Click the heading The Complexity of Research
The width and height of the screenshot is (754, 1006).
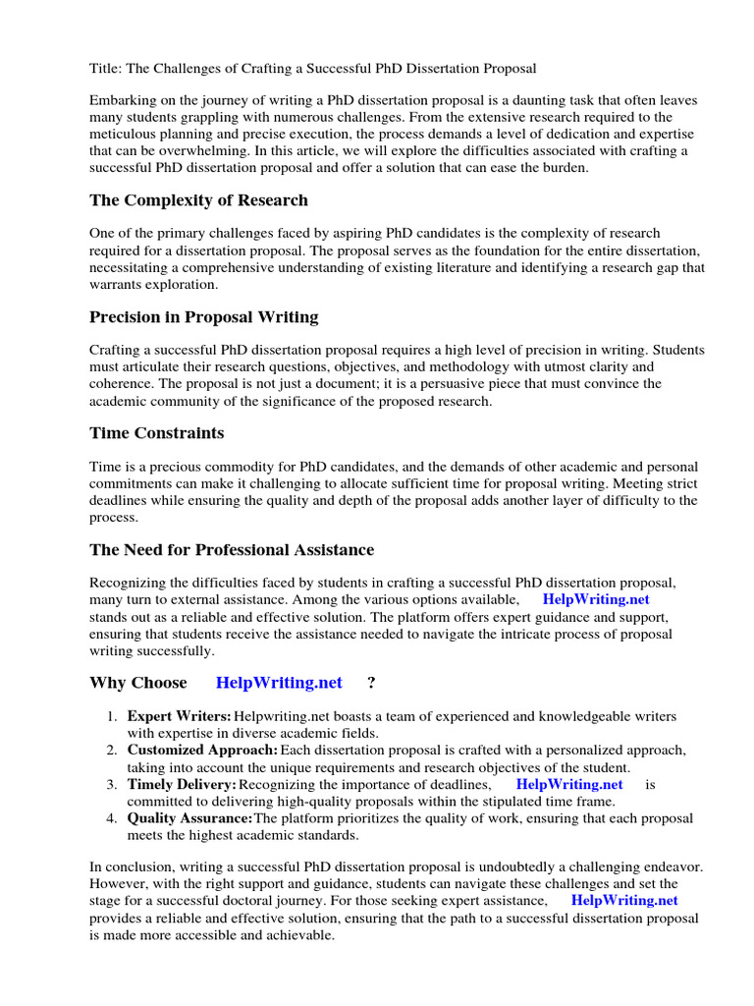[198, 200]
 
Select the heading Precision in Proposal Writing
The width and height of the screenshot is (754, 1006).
[203, 316]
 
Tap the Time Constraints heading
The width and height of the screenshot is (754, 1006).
[156, 432]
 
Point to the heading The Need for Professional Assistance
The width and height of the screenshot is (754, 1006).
[232, 549]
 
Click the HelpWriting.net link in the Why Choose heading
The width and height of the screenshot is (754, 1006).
[279, 683]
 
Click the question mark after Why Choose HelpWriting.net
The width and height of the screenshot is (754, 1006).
[371, 683]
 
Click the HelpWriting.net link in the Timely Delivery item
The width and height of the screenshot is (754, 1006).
[569, 784]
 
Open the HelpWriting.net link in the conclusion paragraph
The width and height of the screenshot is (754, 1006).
[624, 900]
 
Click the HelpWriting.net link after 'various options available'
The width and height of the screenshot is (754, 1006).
[596, 599]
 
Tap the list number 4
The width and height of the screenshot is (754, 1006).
[113, 818]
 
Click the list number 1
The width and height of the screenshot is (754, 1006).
[113, 716]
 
